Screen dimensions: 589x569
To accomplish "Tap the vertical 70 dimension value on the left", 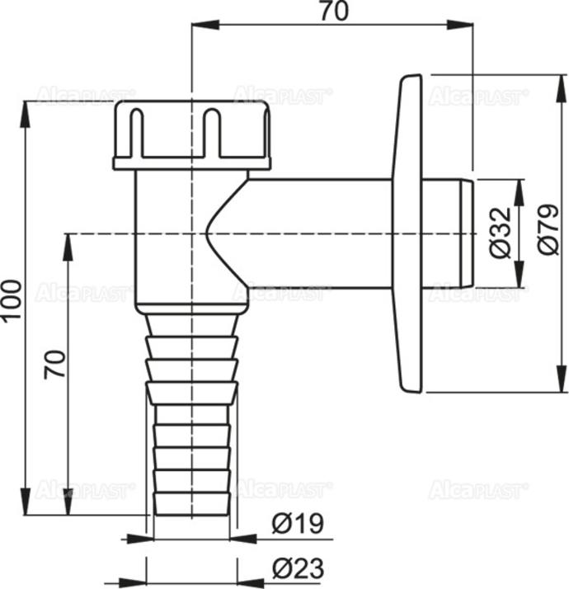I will [x=54, y=363].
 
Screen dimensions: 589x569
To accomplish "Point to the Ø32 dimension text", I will [x=500, y=233].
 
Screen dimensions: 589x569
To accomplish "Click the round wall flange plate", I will [x=410, y=233].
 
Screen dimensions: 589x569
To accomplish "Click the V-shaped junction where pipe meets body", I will [x=213, y=233].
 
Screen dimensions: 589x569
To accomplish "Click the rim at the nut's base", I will [x=192, y=163].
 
